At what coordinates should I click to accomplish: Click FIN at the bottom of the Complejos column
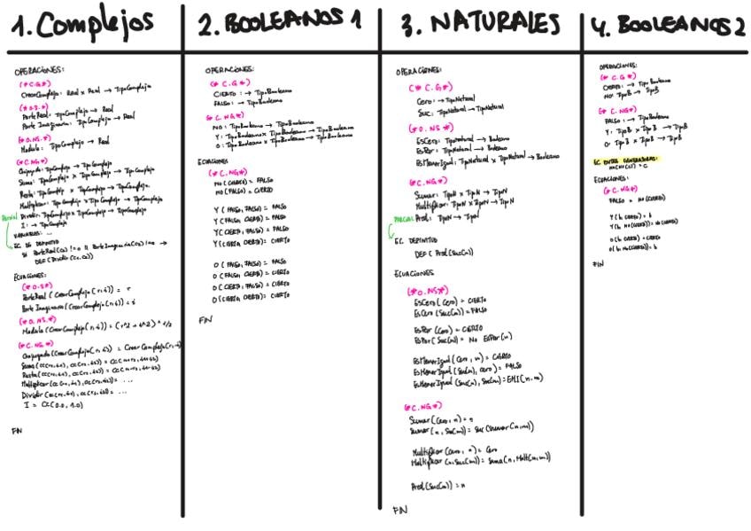pos(16,431)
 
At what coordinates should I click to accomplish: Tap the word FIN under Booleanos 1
pos(205,319)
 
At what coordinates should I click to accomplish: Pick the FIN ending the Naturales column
pos(400,510)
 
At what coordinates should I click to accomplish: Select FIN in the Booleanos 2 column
pos(598,264)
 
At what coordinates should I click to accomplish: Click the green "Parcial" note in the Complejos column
pos(8,215)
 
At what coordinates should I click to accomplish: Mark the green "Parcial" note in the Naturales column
pos(402,219)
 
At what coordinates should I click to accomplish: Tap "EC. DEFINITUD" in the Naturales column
pos(416,239)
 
